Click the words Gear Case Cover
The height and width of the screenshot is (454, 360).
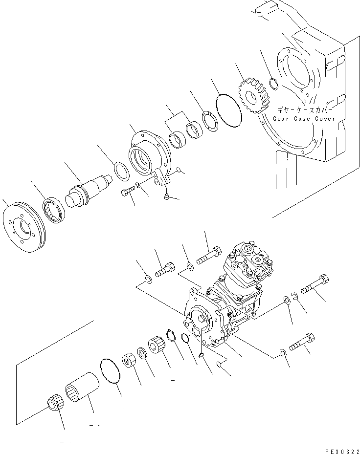[x=304, y=119]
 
